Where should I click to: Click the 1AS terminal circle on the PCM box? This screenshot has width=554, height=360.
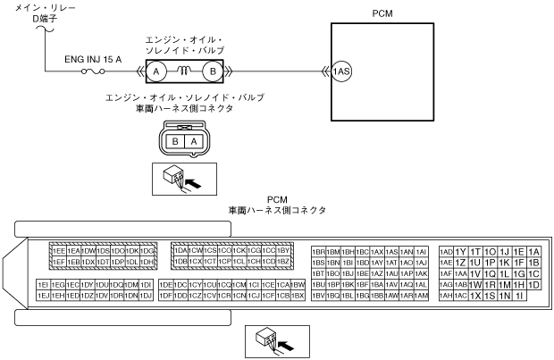340,71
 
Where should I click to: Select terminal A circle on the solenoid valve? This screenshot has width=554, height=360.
155,71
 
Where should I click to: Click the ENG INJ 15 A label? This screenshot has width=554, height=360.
93,59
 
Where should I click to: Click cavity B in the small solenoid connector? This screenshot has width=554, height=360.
177,141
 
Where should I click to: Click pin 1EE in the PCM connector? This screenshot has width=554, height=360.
58,252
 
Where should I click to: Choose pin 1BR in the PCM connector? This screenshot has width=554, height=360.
318,252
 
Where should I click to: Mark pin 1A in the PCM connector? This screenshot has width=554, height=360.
534,252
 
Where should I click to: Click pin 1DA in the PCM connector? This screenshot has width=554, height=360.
179,252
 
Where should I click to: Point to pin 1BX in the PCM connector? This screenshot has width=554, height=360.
298,295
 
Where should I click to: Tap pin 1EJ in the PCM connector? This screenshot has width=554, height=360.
43,295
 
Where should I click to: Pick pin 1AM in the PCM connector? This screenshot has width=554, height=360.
421,295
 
